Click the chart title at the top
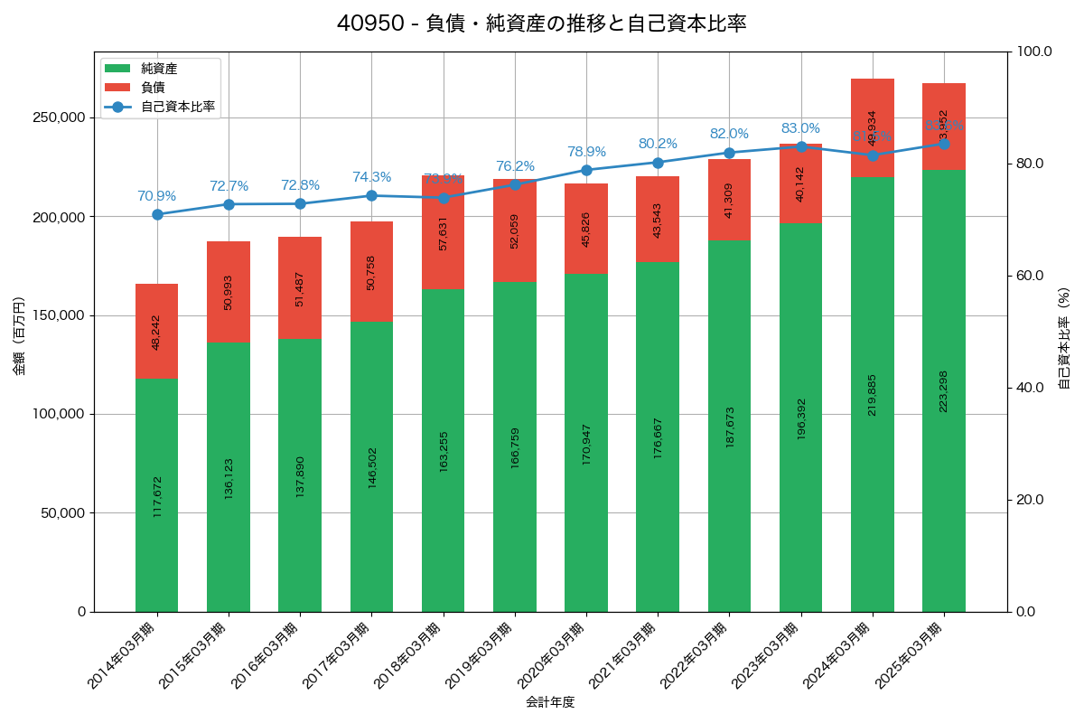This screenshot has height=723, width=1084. pos(542,24)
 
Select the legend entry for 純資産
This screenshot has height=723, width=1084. pos(159,69)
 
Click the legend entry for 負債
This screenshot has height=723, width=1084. pos(153,88)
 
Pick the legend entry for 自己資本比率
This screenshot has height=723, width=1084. pos(177,107)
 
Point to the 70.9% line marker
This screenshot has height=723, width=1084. pos(157,214)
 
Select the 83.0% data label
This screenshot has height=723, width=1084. pos(800,128)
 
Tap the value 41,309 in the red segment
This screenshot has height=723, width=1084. pos(729,201)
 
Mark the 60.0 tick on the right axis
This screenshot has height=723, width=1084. pos(1033,276)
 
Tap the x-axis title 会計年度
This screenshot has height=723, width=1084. pos(550,701)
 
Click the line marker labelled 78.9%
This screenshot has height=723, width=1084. pos(586,170)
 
